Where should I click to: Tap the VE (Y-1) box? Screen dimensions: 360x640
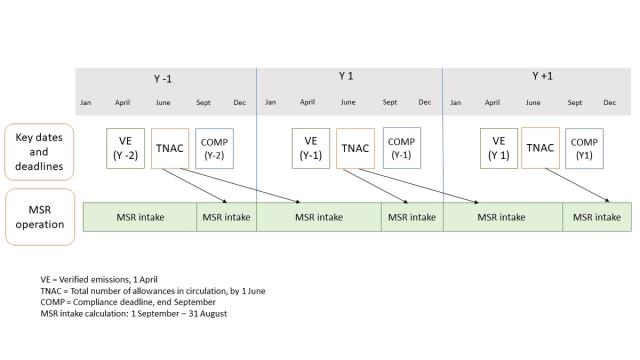pos(311,148)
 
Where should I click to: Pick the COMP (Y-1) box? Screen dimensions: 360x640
pos(400,148)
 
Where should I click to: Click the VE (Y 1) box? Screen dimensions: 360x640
pos(499,148)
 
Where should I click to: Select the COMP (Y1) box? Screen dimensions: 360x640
pos(585,148)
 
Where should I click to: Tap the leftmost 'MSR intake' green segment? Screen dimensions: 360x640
pos(139,217)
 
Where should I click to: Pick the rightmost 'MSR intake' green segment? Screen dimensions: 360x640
pos(597,217)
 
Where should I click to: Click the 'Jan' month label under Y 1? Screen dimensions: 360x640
pos(270,102)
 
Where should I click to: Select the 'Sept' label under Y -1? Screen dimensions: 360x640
pos(203,102)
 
